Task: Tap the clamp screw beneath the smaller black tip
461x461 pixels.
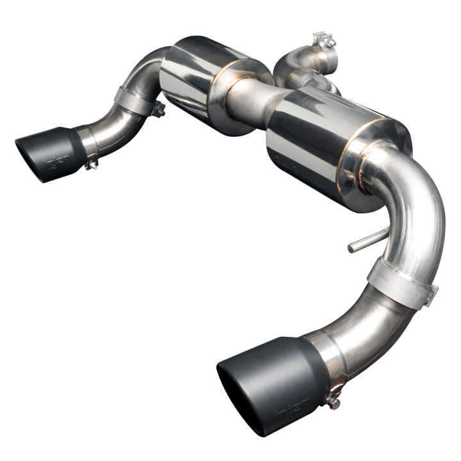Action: [90, 165]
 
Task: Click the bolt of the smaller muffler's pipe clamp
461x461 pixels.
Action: [158, 109]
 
